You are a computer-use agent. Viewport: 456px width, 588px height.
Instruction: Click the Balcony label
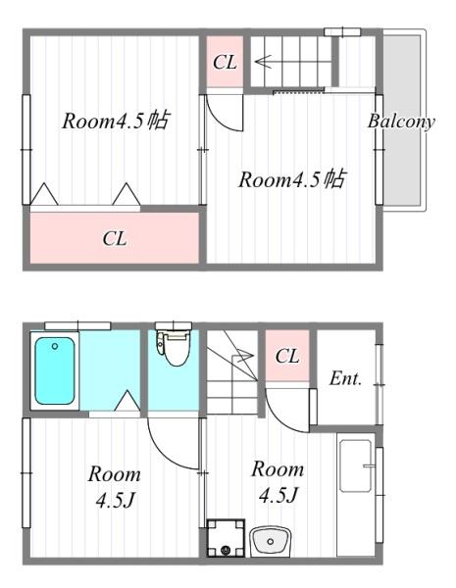click(401, 122)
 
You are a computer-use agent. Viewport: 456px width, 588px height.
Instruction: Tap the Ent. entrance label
click(345, 378)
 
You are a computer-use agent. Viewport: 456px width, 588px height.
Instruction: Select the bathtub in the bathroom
click(55, 370)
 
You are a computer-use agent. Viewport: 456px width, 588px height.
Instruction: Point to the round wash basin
click(270, 541)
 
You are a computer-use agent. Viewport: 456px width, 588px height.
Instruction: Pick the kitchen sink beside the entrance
click(356, 465)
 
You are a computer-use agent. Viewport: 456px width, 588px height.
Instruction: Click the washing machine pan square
click(226, 538)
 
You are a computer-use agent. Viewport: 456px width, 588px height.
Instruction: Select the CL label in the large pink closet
click(115, 238)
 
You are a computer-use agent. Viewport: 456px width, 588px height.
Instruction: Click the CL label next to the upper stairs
click(225, 63)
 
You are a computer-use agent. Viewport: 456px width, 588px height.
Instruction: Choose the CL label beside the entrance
click(287, 356)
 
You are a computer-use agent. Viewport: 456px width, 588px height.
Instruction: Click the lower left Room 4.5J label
click(115, 486)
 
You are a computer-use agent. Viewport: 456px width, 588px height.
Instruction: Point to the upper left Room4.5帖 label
click(116, 121)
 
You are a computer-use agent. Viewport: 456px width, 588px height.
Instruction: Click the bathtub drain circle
click(55, 346)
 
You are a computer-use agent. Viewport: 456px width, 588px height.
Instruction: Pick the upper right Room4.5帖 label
click(292, 179)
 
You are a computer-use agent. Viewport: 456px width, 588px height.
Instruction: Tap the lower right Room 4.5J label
click(278, 481)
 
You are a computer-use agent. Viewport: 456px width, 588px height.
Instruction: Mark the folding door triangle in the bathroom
click(127, 401)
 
